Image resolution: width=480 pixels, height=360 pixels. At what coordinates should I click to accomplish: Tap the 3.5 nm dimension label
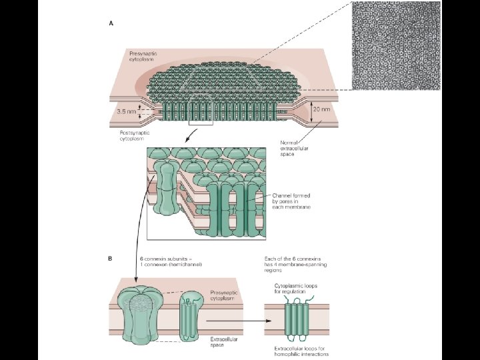pyautogui.click(x=127, y=111)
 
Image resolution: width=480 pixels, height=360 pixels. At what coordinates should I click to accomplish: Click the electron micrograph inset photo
pyautogui.click(x=396, y=45)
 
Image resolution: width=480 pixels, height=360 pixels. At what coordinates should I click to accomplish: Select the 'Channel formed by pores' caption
pyautogui.click(x=292, y=201)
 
